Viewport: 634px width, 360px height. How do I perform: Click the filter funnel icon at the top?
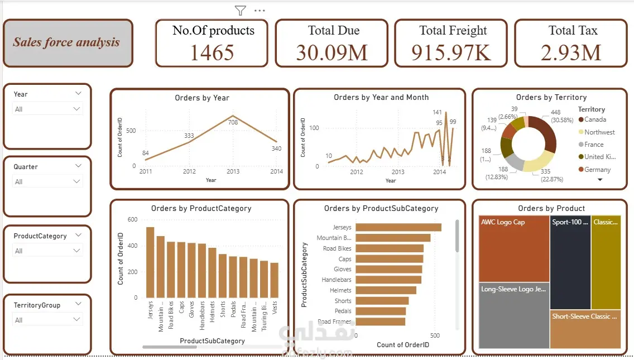tap(240, 10)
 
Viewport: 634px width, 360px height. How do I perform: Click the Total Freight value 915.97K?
tap(451, 52)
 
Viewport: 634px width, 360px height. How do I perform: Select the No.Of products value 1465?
tap(212, 52)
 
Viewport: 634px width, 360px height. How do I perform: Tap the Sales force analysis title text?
tap(66, 42)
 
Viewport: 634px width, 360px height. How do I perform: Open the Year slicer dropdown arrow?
tap(76, 109)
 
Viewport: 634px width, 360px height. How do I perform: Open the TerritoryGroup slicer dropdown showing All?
tap(76, 320)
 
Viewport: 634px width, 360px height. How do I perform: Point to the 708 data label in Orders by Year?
tap(233, 122)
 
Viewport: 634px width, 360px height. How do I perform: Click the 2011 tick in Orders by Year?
tap(146, 171)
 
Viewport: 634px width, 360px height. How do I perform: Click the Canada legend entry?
tap(595, 119)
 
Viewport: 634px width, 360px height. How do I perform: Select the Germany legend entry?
tap(597, 170)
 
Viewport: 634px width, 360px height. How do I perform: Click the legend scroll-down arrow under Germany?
tap(600, 180)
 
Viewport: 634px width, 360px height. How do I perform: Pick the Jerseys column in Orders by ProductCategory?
tap(150, 262)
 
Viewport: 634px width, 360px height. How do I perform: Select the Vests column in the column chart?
tap(274, 280)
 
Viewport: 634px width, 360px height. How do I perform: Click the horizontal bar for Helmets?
tap(386, 290)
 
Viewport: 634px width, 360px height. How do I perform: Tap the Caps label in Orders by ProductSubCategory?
tap(345, 259)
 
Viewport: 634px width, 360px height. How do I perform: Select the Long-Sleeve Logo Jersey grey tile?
tap(513, 315)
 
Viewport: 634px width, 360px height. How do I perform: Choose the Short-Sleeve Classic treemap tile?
tap(585, 329)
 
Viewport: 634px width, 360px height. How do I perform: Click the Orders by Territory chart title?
tap(551, 97)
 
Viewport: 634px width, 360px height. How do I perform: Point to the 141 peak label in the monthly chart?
tap(438, 112)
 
